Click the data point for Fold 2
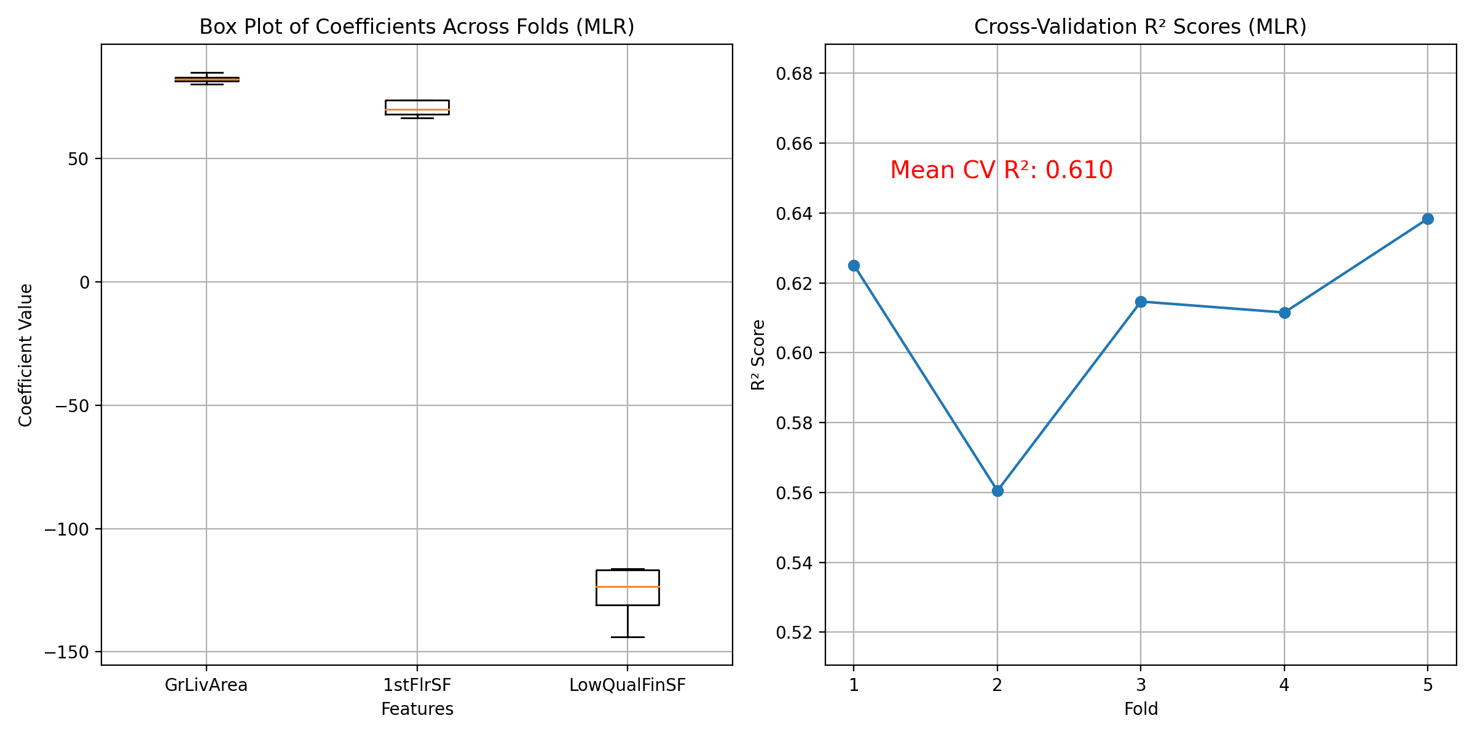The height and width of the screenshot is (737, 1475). (x=997, y=491)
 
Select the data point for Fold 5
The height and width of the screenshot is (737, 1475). (x=1428, y=219)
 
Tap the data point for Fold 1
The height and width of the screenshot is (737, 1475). (x=854, y=265)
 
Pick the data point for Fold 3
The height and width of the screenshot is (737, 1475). (x=1141, y=302)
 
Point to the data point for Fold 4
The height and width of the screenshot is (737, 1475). (x=1284, y=313)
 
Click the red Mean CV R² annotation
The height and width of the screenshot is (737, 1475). (x=1001, y=170)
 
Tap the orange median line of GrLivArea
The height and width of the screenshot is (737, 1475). (x=206, y=79)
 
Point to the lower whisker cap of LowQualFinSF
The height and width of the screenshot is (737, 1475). (x=627, y=637)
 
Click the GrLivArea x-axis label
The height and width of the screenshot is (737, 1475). (x=206, y=685)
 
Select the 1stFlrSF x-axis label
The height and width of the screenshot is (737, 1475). (x=417, y=685)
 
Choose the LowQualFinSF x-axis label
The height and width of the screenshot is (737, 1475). (x=627, y=685)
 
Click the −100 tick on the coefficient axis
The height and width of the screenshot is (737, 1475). (x=67, y=529)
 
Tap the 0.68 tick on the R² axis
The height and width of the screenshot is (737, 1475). (x=794, y=74)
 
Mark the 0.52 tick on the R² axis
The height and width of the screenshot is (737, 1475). (x=794, y=633)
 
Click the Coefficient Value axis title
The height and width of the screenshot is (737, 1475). (x=25, y=355)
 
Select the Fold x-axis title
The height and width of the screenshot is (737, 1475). (x=1141, y=709)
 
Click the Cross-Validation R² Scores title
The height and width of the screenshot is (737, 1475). (x=1140, y=27)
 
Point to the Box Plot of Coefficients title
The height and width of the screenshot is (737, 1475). (x=417, y=27)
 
